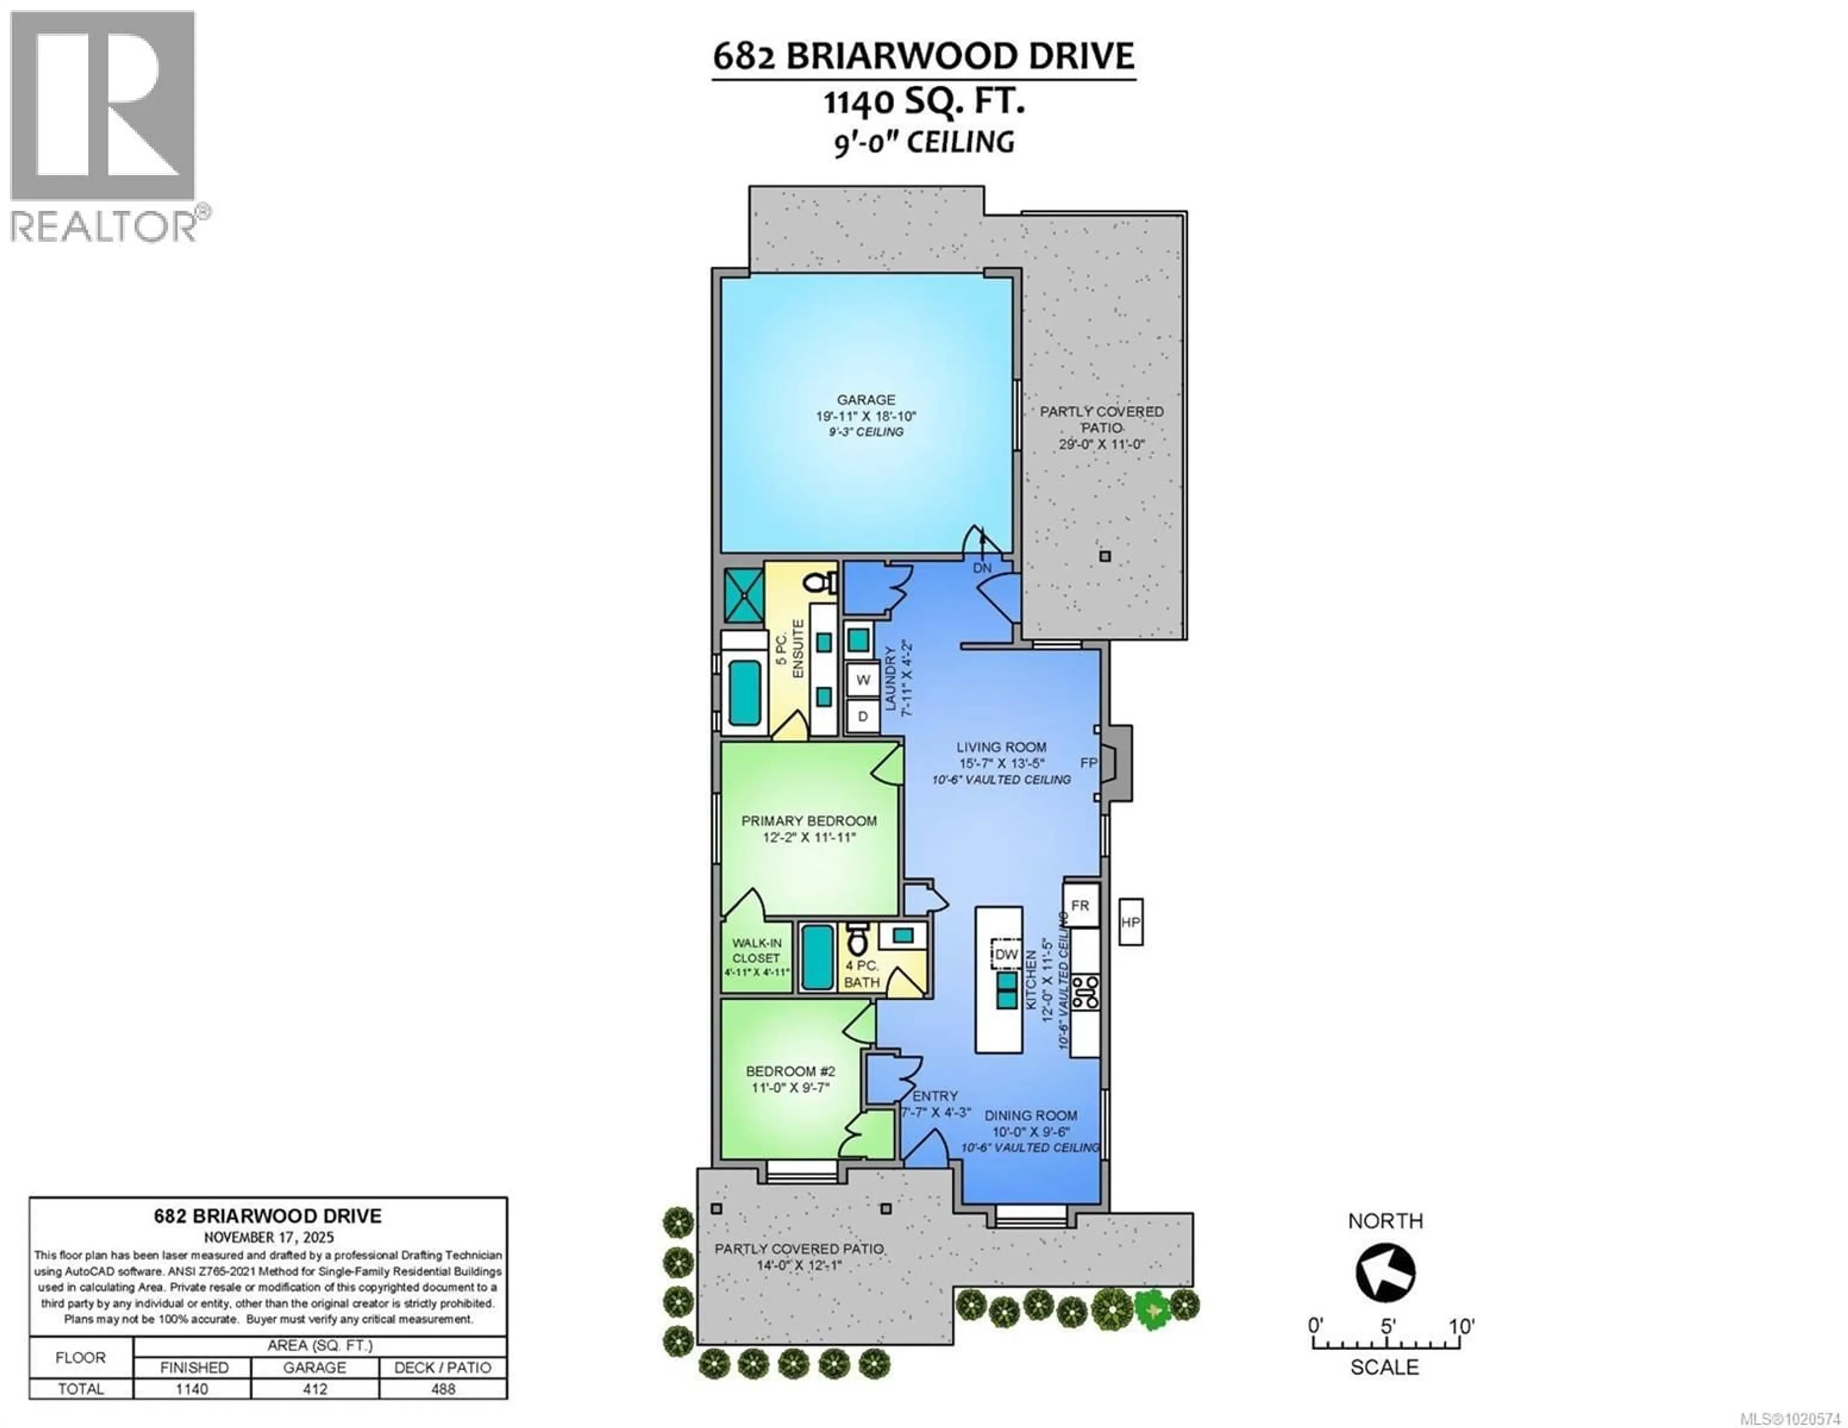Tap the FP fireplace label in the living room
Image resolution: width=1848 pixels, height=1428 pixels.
[1088, 763]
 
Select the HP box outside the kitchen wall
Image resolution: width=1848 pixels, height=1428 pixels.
[1130, 922]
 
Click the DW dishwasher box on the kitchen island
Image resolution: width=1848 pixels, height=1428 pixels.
[1006, 954]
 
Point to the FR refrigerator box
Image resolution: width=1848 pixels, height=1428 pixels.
[1080, 905]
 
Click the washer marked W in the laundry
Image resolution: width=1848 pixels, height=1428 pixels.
[863, 679]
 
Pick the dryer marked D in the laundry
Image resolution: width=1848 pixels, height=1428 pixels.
[863, 716]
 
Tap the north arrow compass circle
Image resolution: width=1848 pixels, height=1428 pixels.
[1385, 1272]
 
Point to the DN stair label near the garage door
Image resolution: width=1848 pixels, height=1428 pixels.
[982, 568]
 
